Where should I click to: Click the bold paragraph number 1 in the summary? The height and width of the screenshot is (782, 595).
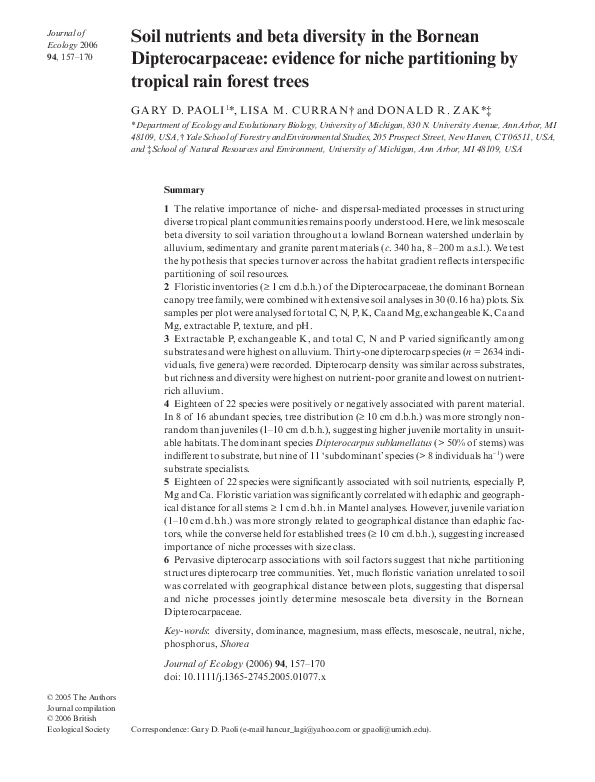click(166, 208)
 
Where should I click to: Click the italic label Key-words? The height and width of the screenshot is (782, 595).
click(187, 633)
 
